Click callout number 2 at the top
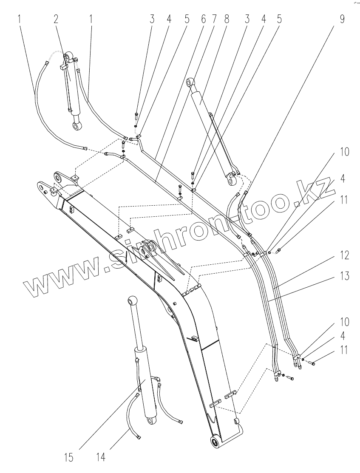tap(55, 19)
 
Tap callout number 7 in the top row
tap(214, 19)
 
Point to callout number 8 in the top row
tap(226, 19)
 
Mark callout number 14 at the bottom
tap(100, 457)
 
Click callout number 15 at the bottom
tap(69, 457)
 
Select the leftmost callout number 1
tap(19, 19)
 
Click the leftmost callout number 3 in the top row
tap(152, 19)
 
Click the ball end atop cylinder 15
tap(132, 301)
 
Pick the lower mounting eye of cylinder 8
tap(232, 181)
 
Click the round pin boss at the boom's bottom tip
tap(215, 442)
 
